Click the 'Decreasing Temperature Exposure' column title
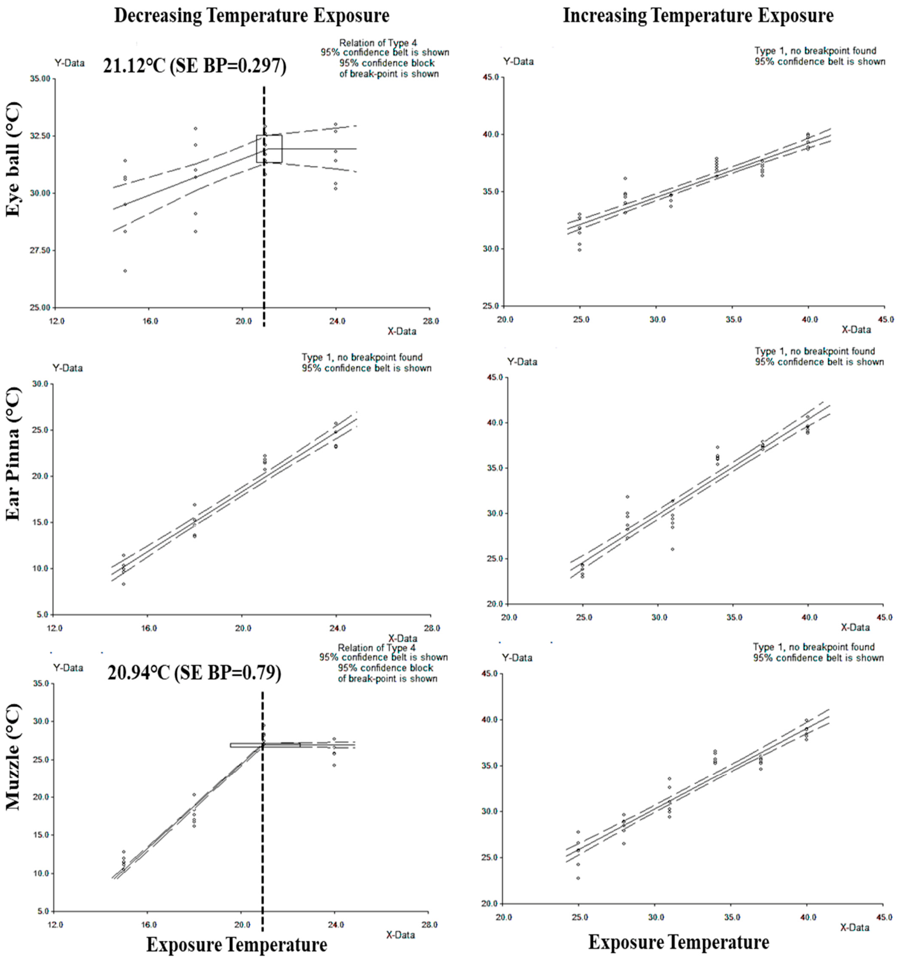(x=252, y=16)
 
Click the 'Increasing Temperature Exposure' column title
(x=698, y=16)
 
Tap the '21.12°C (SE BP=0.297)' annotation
(x=195, y=66)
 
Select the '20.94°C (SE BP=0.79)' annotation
(x=194, y=673)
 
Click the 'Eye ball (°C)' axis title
(x=13, y=159)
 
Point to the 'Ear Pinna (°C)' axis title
(x=13, y=454)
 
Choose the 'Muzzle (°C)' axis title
(x=13, y=757)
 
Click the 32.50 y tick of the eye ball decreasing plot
(x=41, y=136)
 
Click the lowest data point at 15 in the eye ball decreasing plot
(x=125, y=271)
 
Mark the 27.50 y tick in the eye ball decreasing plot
(x=41, y=251)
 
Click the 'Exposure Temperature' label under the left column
(x=236, y=944)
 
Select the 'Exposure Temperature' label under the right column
(x=679, y=942)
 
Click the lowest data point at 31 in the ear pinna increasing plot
(x=672, y=549)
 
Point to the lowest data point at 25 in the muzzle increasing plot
(x=578, y=878)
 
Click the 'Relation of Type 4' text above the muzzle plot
(x=377, y=648)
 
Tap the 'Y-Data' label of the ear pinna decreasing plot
(x=68, y=368)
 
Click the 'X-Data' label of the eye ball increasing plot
(x=856, y=329)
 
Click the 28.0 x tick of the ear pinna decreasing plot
(x=432, y=628)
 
